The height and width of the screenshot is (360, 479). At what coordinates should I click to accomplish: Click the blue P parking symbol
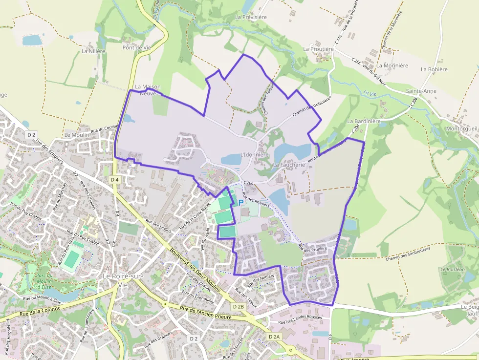pyautogui.click(x=240, y=202)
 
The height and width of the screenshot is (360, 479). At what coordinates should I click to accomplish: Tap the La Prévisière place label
pyautogui.click(x=251, y=17)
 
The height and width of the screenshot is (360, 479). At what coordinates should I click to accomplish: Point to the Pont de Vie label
pyautogui.click(x=137, y=47)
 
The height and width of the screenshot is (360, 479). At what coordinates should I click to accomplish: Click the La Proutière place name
pyautogui.click(x=318, y=49)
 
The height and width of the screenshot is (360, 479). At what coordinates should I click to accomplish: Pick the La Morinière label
pyautogui.click(x=392, y=65)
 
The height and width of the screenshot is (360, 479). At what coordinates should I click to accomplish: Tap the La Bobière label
pyautogui.click(x=434, y=69)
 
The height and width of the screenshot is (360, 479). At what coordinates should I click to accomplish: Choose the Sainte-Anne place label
pyautogui.click(x=421, y=91)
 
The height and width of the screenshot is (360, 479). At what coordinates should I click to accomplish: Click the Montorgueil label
pyautogui.click(x=462, y=129)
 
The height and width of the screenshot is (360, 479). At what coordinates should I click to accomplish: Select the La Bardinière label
pyautogui.click(x=364, y=121)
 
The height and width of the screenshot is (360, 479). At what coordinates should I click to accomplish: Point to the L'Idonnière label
pyautogui.click(x=255, y=155)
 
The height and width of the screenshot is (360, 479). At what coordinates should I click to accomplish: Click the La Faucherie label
pyautogui.click(x=289, y=165)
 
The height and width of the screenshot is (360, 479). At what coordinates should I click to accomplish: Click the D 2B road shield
pyautogui.click(x=238, y=306)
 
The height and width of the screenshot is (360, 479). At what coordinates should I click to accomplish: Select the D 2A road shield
pyautogui.click(x=274, y=337)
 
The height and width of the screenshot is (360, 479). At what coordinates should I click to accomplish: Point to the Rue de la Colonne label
pyautogui.click(x=40, y=311)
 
